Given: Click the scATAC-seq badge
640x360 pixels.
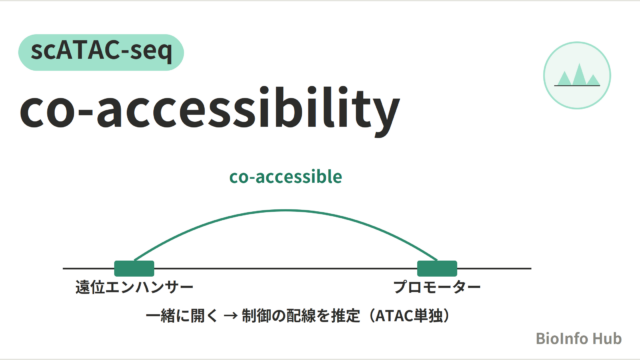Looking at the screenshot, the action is (101, 52).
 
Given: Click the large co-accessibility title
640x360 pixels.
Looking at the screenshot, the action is (209, 110).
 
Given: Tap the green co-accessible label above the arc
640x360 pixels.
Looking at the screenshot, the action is (286, 177).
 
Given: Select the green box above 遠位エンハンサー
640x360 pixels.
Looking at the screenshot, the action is (134, 269).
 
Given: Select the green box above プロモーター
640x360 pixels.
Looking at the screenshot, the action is (437, 269).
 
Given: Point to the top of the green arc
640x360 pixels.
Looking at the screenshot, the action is (286, 211).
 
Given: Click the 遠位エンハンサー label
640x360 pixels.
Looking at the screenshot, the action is (134, 287).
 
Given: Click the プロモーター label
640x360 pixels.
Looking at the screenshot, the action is (437, 287).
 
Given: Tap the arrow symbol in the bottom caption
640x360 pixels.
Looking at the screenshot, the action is (231, 316).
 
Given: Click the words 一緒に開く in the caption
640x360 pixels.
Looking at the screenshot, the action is (182, 316).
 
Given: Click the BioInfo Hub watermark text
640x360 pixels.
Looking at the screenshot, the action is (579, 339).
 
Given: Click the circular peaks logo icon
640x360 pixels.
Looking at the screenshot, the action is (577, 76).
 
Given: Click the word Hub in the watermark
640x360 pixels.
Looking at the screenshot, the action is (607, 339).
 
